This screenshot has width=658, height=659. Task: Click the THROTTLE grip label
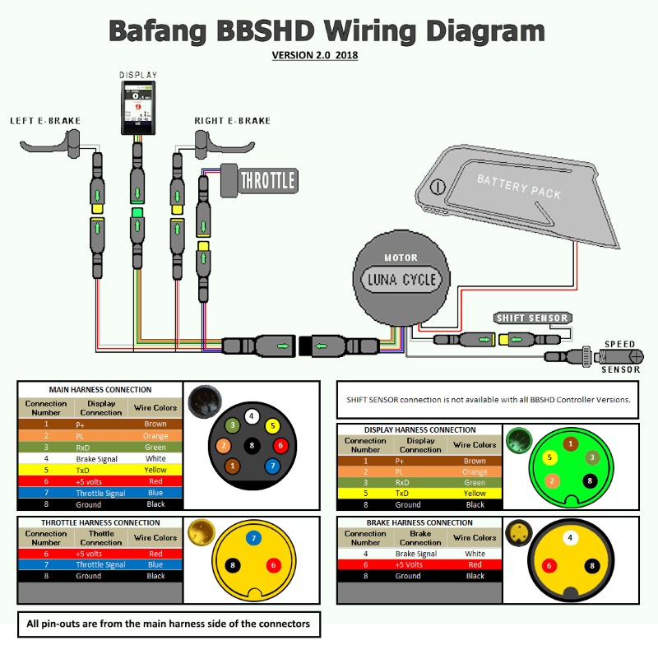click(x=267, y=179)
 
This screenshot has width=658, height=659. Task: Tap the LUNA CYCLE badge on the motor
click(x=401, y=279)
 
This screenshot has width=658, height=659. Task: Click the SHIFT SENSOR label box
click(x=532, y=318)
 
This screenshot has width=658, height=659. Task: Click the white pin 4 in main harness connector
click(x=253, y=416)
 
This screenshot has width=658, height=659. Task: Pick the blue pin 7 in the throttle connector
click(x=254, y=538)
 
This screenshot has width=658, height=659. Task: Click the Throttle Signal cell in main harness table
click(x=101, y=494)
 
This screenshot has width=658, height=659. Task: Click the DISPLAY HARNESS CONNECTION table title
click(x=420, y=429)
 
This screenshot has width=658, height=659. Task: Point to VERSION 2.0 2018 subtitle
click(x=315, y=56)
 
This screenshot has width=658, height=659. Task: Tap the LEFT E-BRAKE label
click(x=45, y=121)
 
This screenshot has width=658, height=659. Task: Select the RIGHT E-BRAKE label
click(x=232, y=121)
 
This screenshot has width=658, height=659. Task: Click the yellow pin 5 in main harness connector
click(x=271, y=426)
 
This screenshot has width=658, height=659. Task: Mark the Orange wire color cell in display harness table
click(x=475, y=472)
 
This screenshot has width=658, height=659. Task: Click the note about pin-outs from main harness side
click(x=168, y=624)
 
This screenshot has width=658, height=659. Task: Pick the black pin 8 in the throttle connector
click(x=234, y=565)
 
